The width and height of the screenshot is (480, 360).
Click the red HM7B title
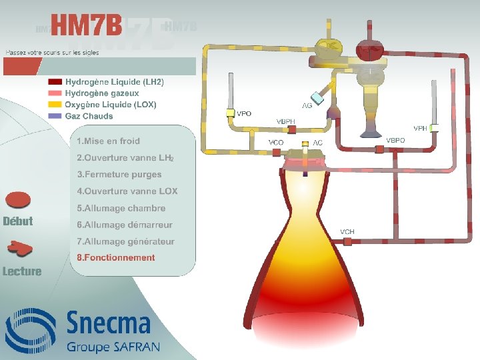[87, 27]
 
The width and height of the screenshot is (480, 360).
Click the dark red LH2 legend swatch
[55, 82]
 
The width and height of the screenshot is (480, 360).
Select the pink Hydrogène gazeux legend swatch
[55, 93]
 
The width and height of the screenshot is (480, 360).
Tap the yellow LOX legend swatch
[55, 105]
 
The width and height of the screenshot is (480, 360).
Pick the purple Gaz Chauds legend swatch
[55, 116]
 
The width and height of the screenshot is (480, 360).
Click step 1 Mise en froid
[108, 141]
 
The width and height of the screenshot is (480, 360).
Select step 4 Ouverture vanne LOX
[127, 191]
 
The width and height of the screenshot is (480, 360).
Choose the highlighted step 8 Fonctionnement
[115, 258]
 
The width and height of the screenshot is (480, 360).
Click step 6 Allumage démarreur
[124, 225]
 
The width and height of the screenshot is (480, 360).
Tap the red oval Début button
[19, 200]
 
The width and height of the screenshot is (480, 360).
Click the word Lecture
[22, 271]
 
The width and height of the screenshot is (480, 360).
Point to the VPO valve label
[244, 114]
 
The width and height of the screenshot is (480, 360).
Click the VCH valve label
[347, 232]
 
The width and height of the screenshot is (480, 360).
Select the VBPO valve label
[395, 141]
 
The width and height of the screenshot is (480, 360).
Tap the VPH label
[421, 128]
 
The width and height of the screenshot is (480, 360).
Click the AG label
[307, 106]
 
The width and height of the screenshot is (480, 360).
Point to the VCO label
[276, 143]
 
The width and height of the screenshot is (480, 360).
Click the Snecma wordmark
[108, 325]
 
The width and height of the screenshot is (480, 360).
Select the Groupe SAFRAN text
[113, 347]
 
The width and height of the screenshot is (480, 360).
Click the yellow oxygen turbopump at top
[328, 48]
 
